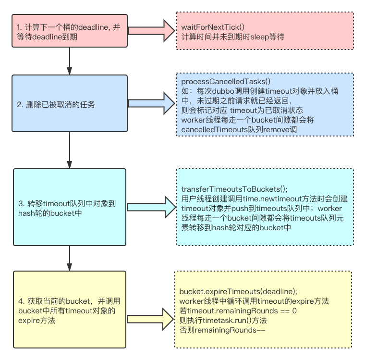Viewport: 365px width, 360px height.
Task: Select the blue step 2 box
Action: [70, 104]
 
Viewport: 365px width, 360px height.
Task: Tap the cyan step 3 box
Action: [70, 207]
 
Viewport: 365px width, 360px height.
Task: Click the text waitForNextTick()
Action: [213, 28]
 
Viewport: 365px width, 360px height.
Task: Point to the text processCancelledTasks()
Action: [226, 82]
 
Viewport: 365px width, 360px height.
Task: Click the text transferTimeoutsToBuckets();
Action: [234, 189]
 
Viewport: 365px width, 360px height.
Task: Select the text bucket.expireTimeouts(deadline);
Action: [238, 292]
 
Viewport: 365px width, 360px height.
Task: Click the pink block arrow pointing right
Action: [151, 32]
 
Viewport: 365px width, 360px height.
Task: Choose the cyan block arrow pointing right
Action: [151, 207]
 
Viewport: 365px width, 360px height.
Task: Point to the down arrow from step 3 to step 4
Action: [70, 258]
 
